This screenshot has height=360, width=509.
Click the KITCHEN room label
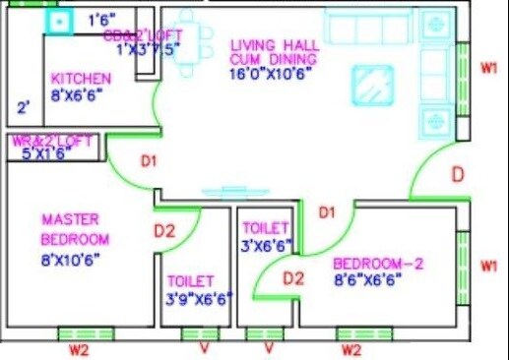pyautogui.click(x=81, y=79)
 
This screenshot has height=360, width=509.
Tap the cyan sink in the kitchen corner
pyautogui.click(x=60, y=21)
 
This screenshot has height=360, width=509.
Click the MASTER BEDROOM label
pyautogui.click(x=76, y=229)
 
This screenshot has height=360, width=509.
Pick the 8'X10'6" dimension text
pyautogui.click(x=72, y=261)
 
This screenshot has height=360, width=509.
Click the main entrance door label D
pyautogui.click(x=457, y=175)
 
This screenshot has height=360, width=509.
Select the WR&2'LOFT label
pyautogui.click(x=52, y=141)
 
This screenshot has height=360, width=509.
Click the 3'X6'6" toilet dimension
pyautogui.click(x=267, y=246)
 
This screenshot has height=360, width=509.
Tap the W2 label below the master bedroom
pyautogui.click(x=79, y=348)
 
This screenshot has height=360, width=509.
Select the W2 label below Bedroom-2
pyautogui.click(x=350, y=348)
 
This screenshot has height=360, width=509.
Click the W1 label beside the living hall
pyautogui.click(x=488, y=68)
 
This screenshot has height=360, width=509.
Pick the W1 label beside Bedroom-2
pyautogui.click(x=488, y=266)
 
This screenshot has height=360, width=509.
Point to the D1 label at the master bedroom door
pyautogui.click(x=149, y=162)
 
